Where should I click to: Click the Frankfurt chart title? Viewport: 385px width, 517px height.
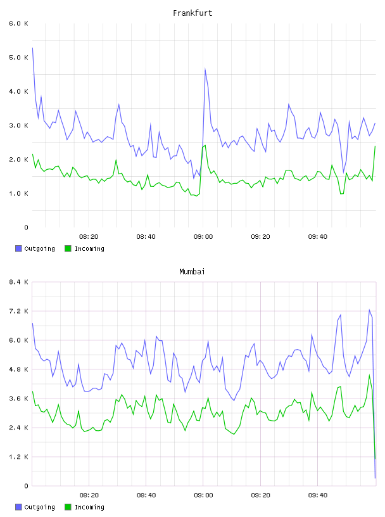pyautogui.click(x=192, y=13)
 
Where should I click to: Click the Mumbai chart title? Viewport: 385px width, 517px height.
pyautogui.click(x=192, y=272)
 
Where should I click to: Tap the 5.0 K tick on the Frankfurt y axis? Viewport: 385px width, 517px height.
pyautogui.click(x=19, y=58)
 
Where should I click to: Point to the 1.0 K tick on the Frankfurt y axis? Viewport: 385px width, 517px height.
pyautogui.click(x=19, y=193)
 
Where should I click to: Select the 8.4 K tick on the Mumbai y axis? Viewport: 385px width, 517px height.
pyautogui.click(x=19, y=282)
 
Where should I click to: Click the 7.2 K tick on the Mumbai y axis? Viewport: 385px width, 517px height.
pyautogui.click(x=19, y=311)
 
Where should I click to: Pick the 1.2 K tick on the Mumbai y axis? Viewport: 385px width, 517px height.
pyautogui.click(x=19, y=457)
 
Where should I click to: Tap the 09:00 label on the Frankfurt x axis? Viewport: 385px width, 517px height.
pyautogui.click(x=203, y=237)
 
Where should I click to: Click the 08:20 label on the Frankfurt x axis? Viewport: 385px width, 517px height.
pyautogui.click(x=89, y=237)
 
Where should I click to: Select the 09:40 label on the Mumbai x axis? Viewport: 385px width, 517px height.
pyautogui.click(x=318, y=495)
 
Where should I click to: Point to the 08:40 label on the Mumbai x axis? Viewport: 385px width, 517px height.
pyautogui.click(x=146, y=495)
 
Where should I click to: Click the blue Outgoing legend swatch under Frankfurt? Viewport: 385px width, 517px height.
pyautogui.click(x=18, y=248)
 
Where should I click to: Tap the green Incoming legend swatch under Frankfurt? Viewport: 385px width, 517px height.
pyautogui.click(x=68, y=248)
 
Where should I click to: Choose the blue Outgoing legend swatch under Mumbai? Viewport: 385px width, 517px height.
pyautogui.click(x=18, y=507)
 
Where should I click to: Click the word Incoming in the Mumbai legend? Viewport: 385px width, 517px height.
pyautogui.click(x=89, y=507)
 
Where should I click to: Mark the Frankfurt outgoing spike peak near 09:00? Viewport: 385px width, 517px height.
pyautogui.click(x=205, y=68)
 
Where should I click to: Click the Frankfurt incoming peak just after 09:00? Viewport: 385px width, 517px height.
pyautogui.click(x=205, y=145)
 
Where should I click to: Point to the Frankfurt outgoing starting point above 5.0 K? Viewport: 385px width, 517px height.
pyautogui.click(x=32, y=48)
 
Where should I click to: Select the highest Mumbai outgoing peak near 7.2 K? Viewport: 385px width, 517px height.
pyautogui.click(x=370, y=310)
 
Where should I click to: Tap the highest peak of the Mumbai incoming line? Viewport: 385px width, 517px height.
pyautogui.click(x=370, y=375)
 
